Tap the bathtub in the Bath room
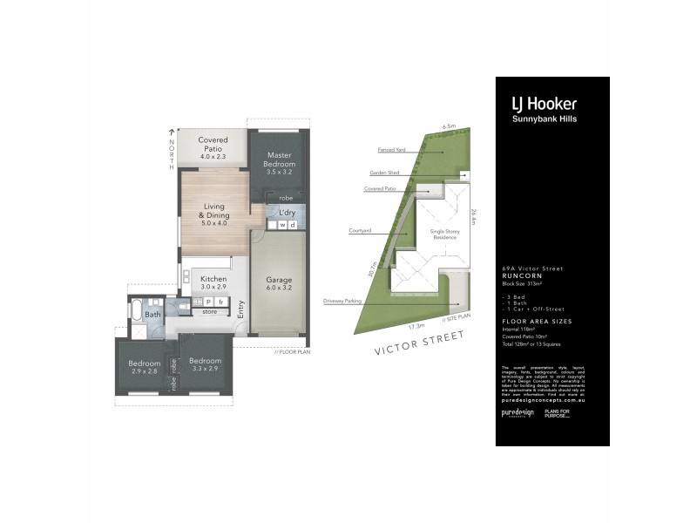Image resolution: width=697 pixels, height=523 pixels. click(137, 307)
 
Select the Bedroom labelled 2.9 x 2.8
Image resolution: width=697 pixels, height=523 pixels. click(145, 367)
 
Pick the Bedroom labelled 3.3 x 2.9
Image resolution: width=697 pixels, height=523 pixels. click(206, 365)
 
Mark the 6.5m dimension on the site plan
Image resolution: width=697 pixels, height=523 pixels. click(450, 126)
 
